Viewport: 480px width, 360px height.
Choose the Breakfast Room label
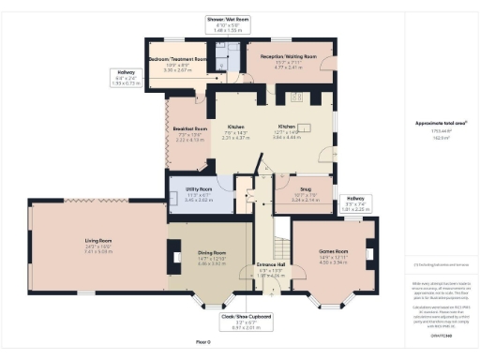coord(188,129)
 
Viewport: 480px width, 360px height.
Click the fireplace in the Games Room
coord(369,253)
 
